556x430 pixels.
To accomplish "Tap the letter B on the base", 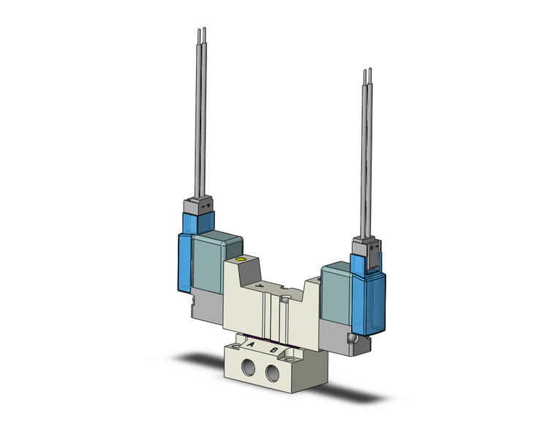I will point(274,351).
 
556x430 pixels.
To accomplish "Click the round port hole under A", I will point(248,368).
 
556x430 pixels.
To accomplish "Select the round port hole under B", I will point(273,376).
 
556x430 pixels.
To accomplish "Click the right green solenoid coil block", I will point(336,289).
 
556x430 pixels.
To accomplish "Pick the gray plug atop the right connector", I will point(364,245).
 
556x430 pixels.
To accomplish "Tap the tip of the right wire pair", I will point(367,72).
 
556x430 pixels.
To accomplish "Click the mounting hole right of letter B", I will point(295,356).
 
